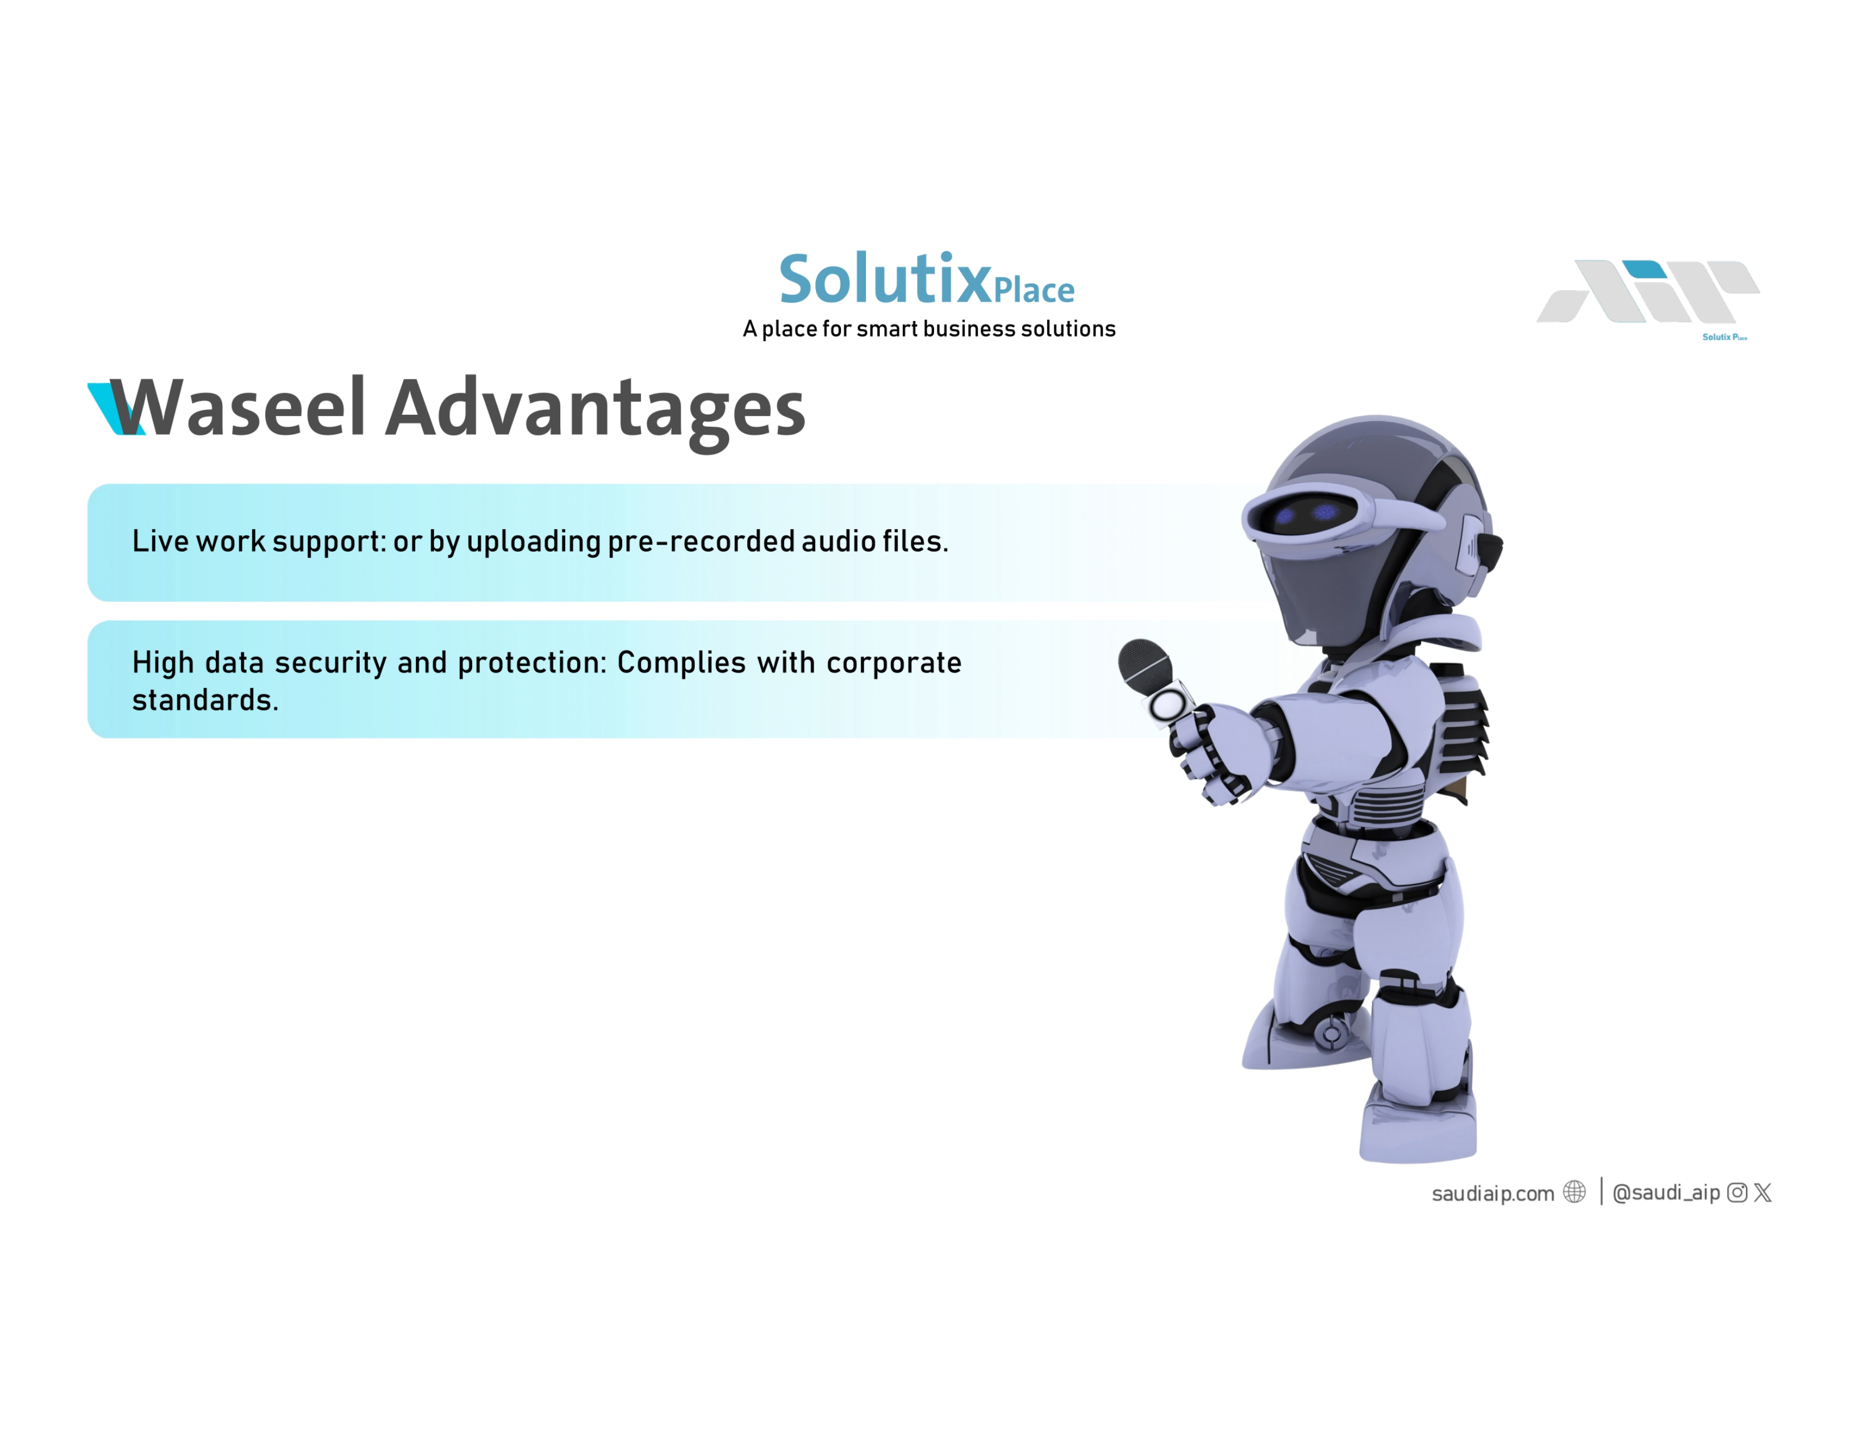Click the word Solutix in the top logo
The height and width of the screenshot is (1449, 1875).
[x=885, y=279]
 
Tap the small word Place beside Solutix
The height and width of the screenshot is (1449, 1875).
[x=1034, y=290]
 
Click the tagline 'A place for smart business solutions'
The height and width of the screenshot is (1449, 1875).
[x=929, y=329]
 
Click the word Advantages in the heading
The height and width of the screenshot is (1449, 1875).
[x=595, y=412]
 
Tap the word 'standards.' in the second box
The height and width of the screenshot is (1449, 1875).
[x=205, y=701]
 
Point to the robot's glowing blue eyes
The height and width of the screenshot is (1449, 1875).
[x=1305, y=513]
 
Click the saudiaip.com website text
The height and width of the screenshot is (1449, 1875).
[x=1493, y=1193]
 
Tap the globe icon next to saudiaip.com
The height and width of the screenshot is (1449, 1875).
[x=1574, y=1192]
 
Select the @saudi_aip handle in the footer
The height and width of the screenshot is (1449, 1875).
[x=1666, y=1192]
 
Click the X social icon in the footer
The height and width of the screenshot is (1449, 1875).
[x=1763, y=1192]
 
